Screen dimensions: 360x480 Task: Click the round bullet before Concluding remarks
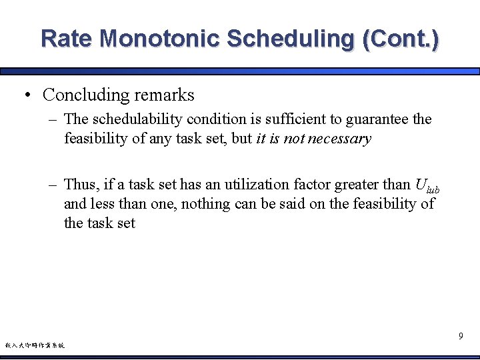pyautogui.click(x=27, y=95)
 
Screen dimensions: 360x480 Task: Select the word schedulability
pyautogui.click(x=137, y=119)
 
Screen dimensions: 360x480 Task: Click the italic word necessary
pyautogui.click(x=339, y=139)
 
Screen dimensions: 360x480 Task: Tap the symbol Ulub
pyautogui.click(x=427, y=186)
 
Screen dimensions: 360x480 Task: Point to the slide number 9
pyautogui.click(x=461, y=337)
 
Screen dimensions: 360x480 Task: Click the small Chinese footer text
pyautogui.click(x=35, y=345)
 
